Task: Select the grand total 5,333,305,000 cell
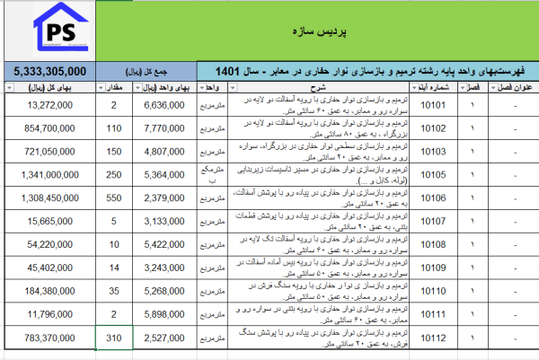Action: coord(50,71)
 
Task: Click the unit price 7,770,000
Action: coord(164,128)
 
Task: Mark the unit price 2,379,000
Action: coord(164,198)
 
